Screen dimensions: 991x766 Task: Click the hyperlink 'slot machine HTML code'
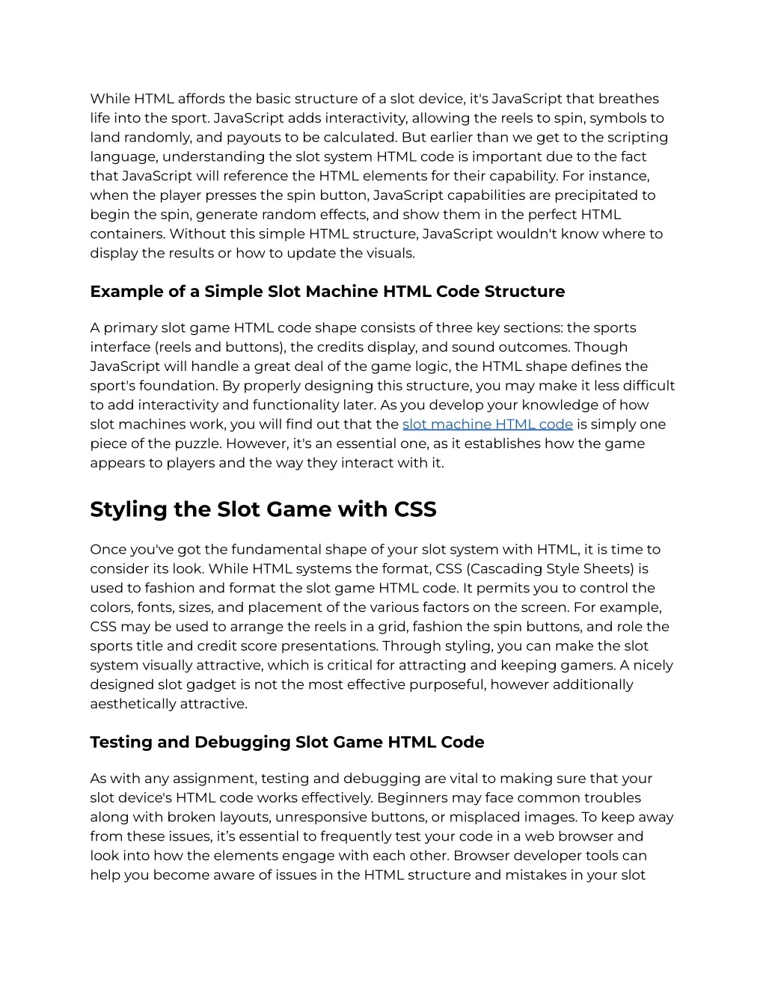click(x=487, y=424)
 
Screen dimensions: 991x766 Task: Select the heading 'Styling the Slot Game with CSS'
click(x=263, y=509)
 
